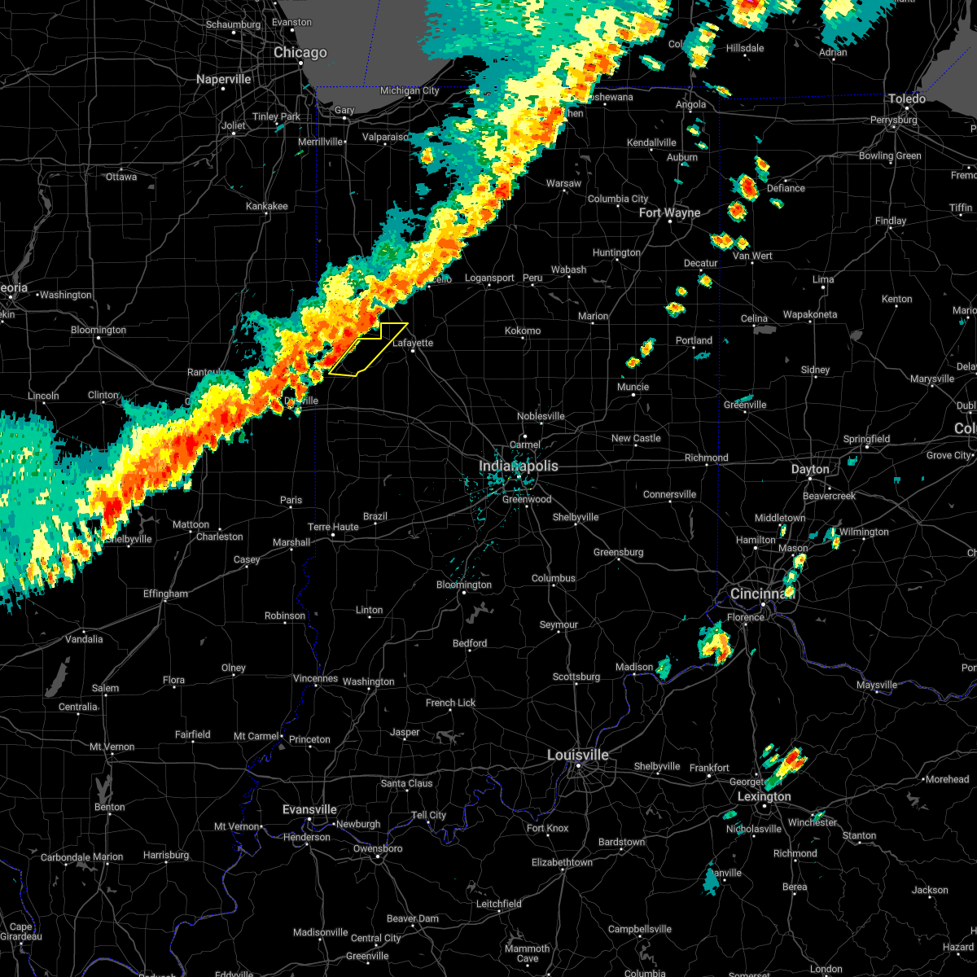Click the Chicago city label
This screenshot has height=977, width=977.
coord(300,53)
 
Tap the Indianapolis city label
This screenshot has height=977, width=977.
coord(519,466)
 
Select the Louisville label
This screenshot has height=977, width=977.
coord(577,755)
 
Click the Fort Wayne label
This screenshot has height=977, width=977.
coord(669,212)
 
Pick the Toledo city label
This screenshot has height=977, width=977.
coord(906,99)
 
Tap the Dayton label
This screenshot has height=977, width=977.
coord(810,469)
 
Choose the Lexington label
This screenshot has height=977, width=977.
coord(764,796)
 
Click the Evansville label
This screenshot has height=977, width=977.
coord(309,809)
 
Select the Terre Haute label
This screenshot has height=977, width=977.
coord(333,527)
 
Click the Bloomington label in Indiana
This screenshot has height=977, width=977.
coord(464,585)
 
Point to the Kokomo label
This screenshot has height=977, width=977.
coord(523,331)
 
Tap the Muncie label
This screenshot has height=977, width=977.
coord(633,387)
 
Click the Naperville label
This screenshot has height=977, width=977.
coord(224,79)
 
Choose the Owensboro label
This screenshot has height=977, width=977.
coord(379,848)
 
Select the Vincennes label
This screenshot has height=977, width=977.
coord(315,678)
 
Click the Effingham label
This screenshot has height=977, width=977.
coord(165,594)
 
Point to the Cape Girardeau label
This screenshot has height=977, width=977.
coord(21,931)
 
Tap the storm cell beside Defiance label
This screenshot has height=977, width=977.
coord(743,186)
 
